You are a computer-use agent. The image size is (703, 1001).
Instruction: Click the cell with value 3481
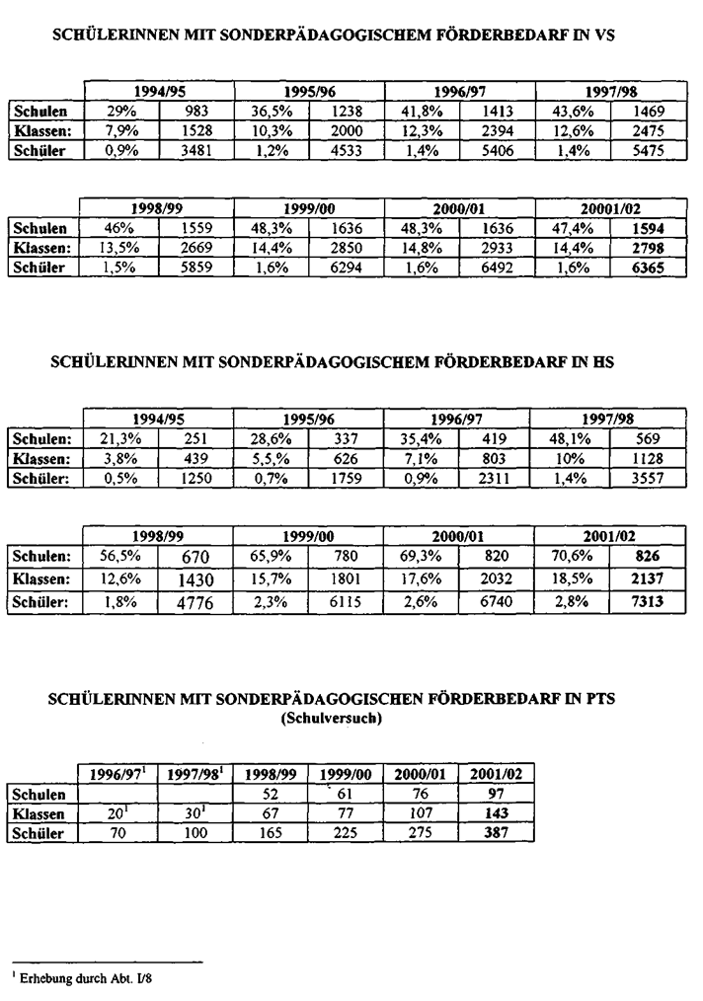(x=196, y=151)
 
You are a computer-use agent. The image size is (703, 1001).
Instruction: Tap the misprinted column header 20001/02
(x=611, y=208)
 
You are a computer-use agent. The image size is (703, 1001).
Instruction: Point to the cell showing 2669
(x=196, y=249)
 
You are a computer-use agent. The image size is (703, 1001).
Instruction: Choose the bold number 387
(x=497, y=833)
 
